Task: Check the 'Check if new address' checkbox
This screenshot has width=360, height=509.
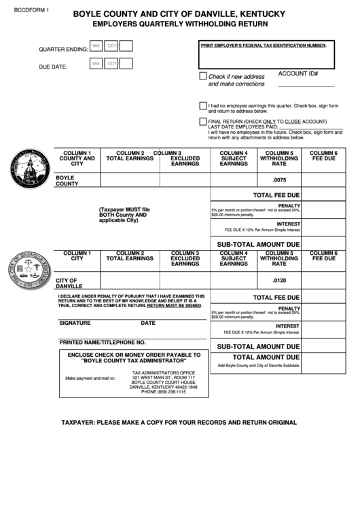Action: click(x=203, y=76)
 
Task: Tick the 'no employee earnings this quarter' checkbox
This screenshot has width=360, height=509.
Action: click(x=203, y=106)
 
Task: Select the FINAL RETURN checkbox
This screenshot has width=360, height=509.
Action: click(x=203, y=121)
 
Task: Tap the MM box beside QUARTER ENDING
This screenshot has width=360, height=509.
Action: click(x=96, y=46)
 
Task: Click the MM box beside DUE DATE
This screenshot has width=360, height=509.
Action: click(x=96, y=64)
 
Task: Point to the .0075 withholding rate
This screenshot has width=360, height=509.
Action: click(x=279, y=179)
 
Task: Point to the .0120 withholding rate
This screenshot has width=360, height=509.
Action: click(x=279, y=281)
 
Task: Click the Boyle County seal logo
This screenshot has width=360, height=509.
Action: click(x=31, y=170)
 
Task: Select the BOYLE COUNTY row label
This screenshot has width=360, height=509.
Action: click(x=67, y=180)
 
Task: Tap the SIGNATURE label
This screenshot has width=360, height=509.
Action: click(x=75, y=323)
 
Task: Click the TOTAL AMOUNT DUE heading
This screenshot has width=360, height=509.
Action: click(x=266, y=357)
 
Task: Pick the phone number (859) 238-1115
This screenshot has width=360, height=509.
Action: click(x=163, y=392)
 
